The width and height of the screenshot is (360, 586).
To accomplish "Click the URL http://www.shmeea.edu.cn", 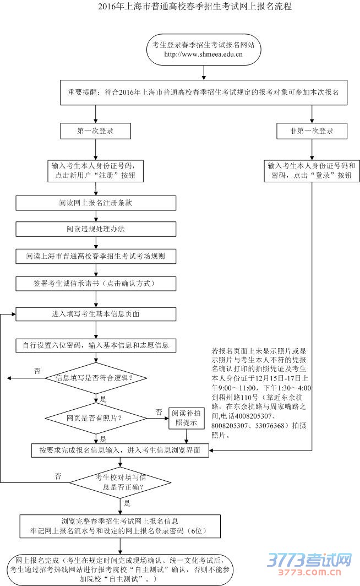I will coord(204,55).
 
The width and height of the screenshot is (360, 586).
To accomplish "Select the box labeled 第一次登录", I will coord(96,131).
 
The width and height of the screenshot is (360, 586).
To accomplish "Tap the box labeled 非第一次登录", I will coord(312,131).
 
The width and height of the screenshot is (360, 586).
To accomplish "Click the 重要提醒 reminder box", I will coord(204,93).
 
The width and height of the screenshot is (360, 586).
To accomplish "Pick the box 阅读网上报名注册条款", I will coord(96,203).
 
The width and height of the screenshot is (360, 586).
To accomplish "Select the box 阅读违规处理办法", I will coord(96,229).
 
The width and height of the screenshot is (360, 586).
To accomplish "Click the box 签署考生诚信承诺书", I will coord(96,284).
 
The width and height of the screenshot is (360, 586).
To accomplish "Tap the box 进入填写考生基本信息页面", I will coord(96,314).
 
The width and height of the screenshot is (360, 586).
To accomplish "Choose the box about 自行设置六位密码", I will coord(96,345).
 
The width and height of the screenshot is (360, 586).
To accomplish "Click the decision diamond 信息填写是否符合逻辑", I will coord(96,378).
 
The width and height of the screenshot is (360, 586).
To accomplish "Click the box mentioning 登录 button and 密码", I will coord(312,170).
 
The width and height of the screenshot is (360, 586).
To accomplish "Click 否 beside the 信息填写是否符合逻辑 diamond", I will coord(37,371).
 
